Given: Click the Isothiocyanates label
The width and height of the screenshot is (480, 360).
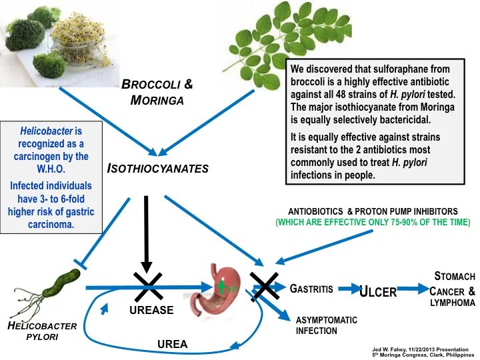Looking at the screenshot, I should [158, 169].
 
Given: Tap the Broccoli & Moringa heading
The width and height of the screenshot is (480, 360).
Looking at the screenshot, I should [157, 92].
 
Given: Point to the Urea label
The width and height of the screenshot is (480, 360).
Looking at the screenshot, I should [172, 344].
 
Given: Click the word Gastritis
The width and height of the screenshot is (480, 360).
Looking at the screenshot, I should [311, 289].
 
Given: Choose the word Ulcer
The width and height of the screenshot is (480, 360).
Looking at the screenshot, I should [378, 291].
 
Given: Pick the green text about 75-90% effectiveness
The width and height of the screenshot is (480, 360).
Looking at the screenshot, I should [373, 222].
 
